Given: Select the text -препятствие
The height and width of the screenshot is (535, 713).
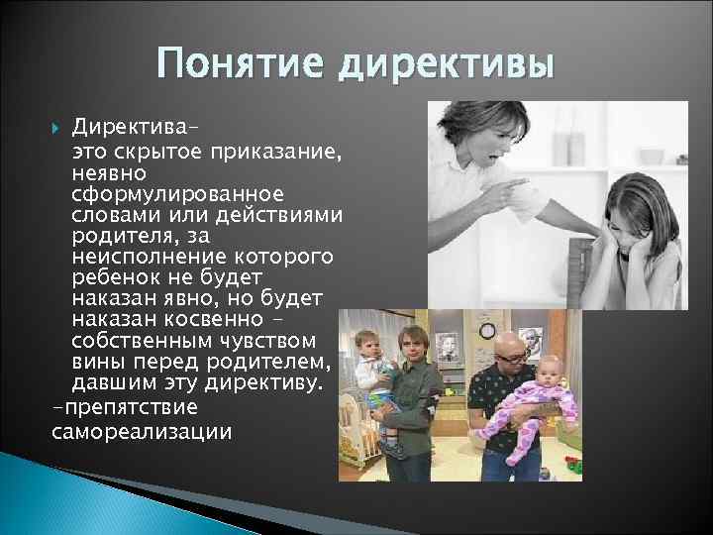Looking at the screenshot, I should click(x=111, y=408).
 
